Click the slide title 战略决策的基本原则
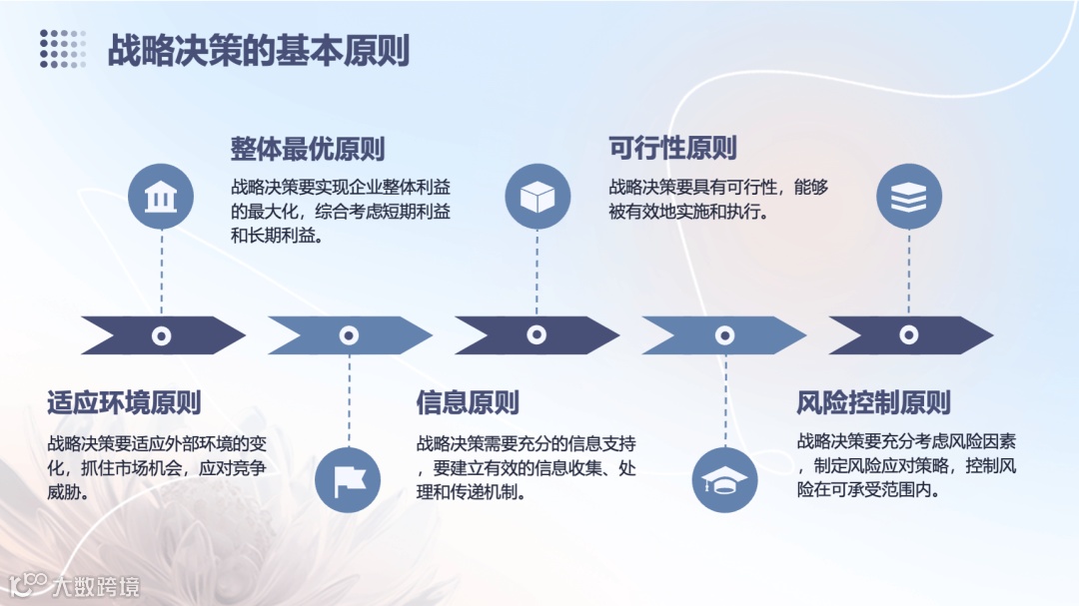pyautogui.click(x=258, y=51)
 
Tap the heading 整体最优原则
pyautogui.click(x=308, y=149)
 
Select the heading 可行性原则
pyautogui.click(x=672, y=148)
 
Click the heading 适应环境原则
pyautogui.click(x=124, y=402)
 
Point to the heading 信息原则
pyautogui.click(x=468, y=402)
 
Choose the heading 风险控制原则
pyautogui.click(x=873, y=402)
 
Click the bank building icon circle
pyautogui.click(x=161, y=197)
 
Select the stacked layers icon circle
pyautogui.click(x=909, y=197)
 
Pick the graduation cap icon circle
pyautogui.click(x=723, y=480)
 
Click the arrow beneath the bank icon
pyautogui.click(x=162, y=335)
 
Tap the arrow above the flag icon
pyautogui.click(x=349, y=335)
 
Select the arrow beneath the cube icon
pyautogui.click(x=537, y=335)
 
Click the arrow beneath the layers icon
pyautogui.click(x=909, y=335)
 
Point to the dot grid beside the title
pyautogui.click(x=63, y=49)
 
